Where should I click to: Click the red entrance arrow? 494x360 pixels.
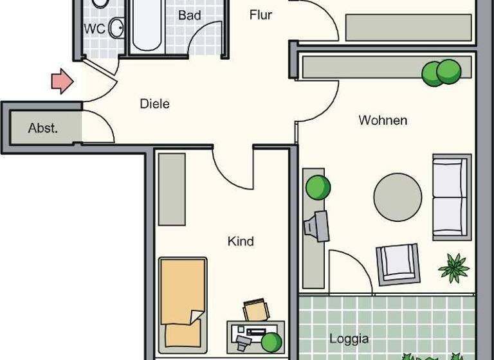click(x=62, y=81)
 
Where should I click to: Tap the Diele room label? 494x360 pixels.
click(x=155, y=104)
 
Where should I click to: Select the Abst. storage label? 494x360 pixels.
click(x=43, y=128)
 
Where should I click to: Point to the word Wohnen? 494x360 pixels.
click(x=383, y=120)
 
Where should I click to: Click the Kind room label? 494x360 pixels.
click(x=241, y=242)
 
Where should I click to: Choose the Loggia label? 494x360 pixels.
click(x=349, y=339)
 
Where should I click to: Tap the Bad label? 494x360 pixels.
click(x=189, y=15)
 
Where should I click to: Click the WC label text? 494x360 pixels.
click(x=95, y=29)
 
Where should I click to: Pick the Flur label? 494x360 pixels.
click(x=261, y=15)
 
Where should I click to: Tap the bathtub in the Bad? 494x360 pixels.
click(x=147, y=26)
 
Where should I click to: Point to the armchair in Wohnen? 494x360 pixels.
click(x=399, y=263)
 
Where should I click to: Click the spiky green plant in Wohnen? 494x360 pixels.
click(x=453, y=267)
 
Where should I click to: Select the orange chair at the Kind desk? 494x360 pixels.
click(x=256, y=309)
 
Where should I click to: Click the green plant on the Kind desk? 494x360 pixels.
click(x=271, y=341)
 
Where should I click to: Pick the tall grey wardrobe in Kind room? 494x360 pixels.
click(x=172, y=189)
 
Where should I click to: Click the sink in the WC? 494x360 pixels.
click(x=116, y=28)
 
